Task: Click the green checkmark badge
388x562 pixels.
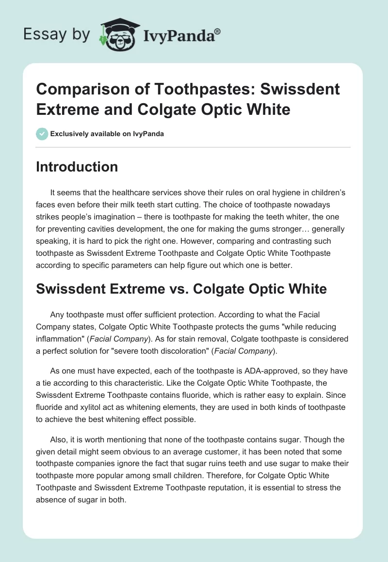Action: [42, 134]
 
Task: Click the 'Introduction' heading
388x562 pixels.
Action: [77, 167]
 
